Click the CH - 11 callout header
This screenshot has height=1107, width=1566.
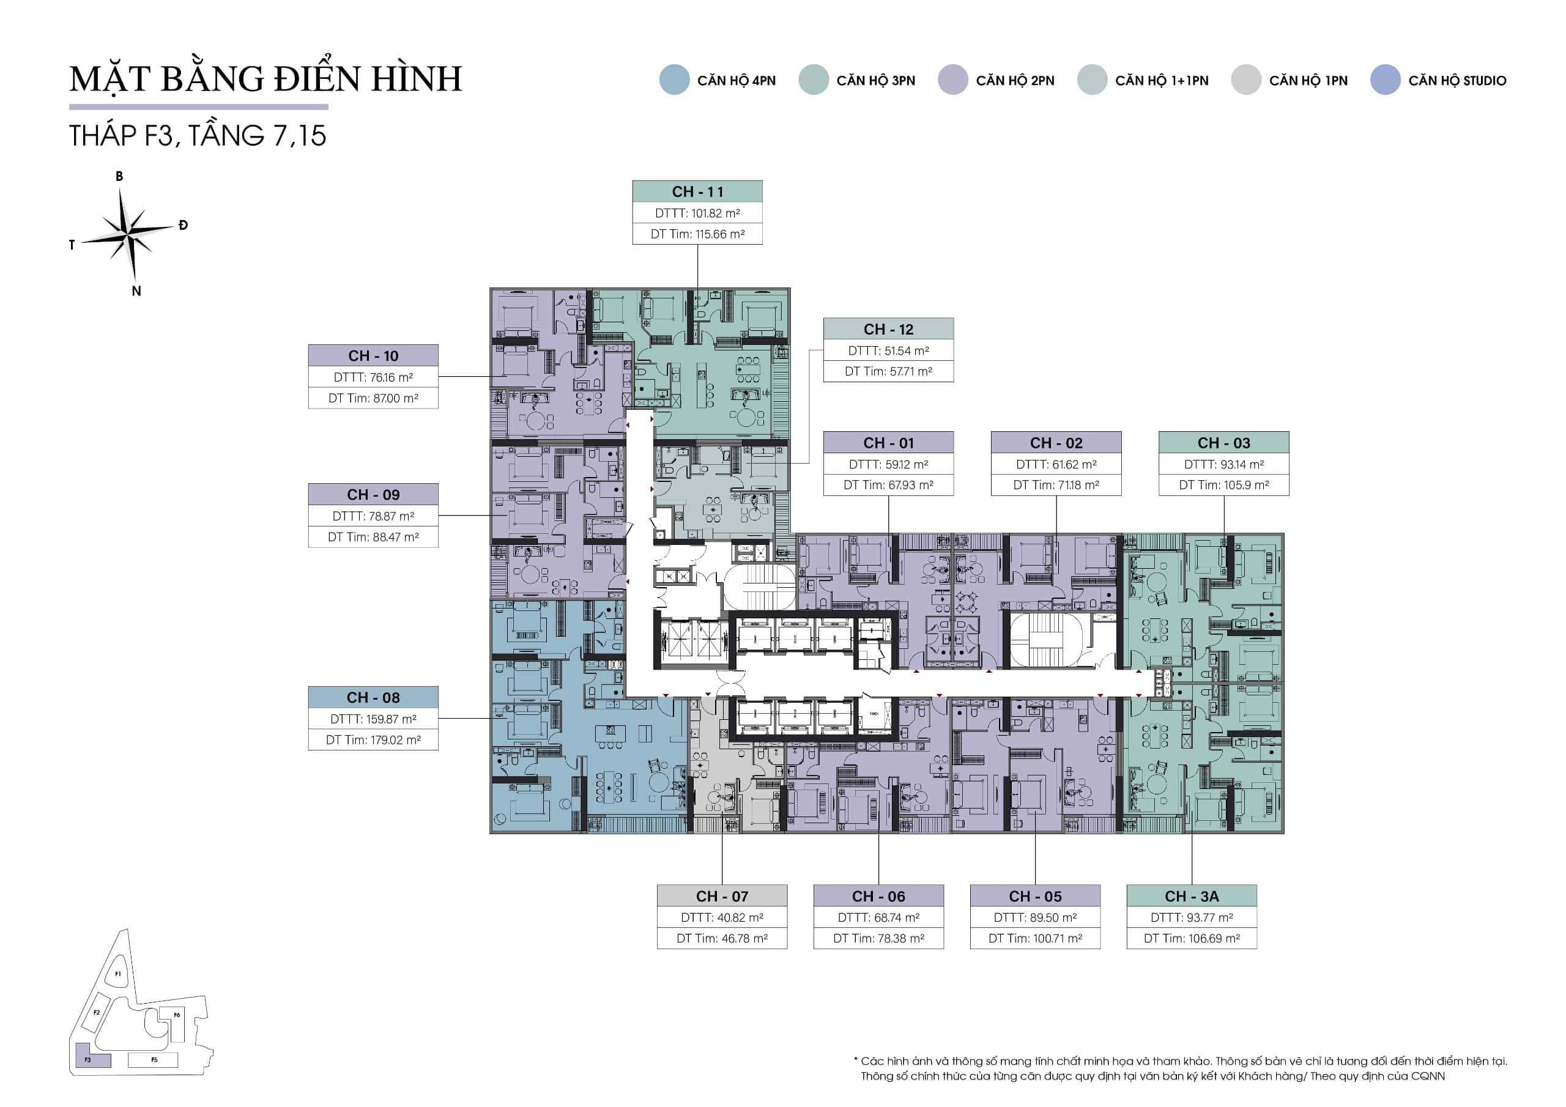pyautogui.click(x=697, y=191)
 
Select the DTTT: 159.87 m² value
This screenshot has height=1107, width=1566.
pyautogui.click(x=373, y=719)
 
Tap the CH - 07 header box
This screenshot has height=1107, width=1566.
pyautogui.click(x=722, y=896)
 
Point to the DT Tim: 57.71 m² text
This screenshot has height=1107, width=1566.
pyautogui.click(x=888, y=372)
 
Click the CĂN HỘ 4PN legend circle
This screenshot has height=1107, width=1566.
pyautogui.click(x=675, y=80)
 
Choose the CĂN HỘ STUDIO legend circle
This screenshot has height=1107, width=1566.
pyautogui.click(x=1386, y=80)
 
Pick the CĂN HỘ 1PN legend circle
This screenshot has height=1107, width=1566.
pyautogui.click(x=1246, y=80)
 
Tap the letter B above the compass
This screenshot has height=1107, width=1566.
pyautogui.click(x=119, y=176)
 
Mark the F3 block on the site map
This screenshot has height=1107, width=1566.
pyautogui.click(x=92, y=1055)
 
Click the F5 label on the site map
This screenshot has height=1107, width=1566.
pyautogui.click(x=154, y=1060)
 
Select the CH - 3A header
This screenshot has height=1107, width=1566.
pyautogui.click(x=1192, y=896)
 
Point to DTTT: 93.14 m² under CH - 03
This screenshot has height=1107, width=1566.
pyautogui.click(x=1223, y=464)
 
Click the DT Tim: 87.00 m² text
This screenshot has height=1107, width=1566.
pyautogui.click(x=373, y=398)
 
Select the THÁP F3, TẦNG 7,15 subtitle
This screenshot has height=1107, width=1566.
pyautogui.click(x=198, y=135)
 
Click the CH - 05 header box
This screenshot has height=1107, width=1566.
pyautogui.click(x=1034, y=896)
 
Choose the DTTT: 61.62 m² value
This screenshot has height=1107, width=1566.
pyautogui.click(x=1056, y=464)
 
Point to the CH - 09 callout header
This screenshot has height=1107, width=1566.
pyautogui.click(x=373, y=495)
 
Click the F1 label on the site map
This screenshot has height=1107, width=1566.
pyautogui.click(x=118, y=974)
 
